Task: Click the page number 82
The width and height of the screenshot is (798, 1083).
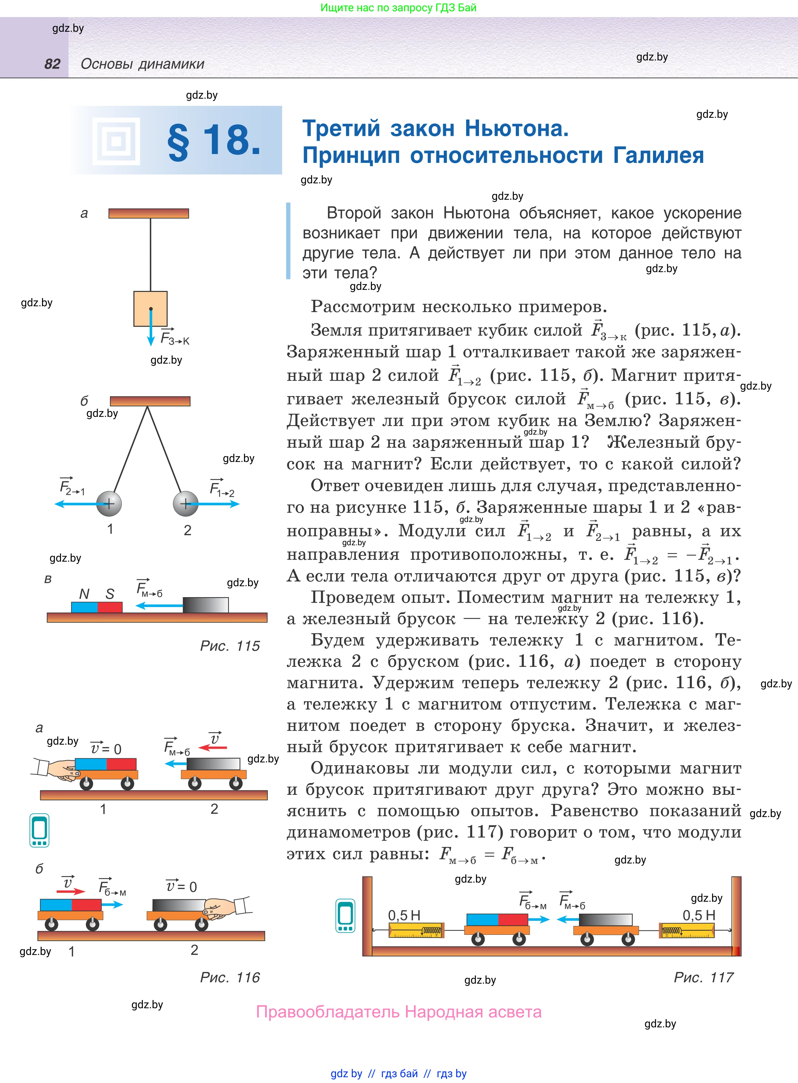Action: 52,64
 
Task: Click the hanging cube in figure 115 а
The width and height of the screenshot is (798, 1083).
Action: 150,308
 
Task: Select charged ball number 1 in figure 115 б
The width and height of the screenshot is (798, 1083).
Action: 109,504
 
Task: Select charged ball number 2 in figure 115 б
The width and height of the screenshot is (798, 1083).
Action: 186,504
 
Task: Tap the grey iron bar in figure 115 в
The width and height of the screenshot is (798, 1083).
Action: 206,605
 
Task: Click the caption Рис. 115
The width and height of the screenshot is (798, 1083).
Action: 230,646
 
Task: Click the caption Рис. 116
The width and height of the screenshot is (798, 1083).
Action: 230,977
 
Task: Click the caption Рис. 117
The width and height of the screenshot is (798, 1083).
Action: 703,977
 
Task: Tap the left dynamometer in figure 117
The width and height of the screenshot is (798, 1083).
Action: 416,930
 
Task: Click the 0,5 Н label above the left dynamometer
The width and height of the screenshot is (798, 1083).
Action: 404,915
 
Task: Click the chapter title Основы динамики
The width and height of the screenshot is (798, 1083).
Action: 143,64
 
